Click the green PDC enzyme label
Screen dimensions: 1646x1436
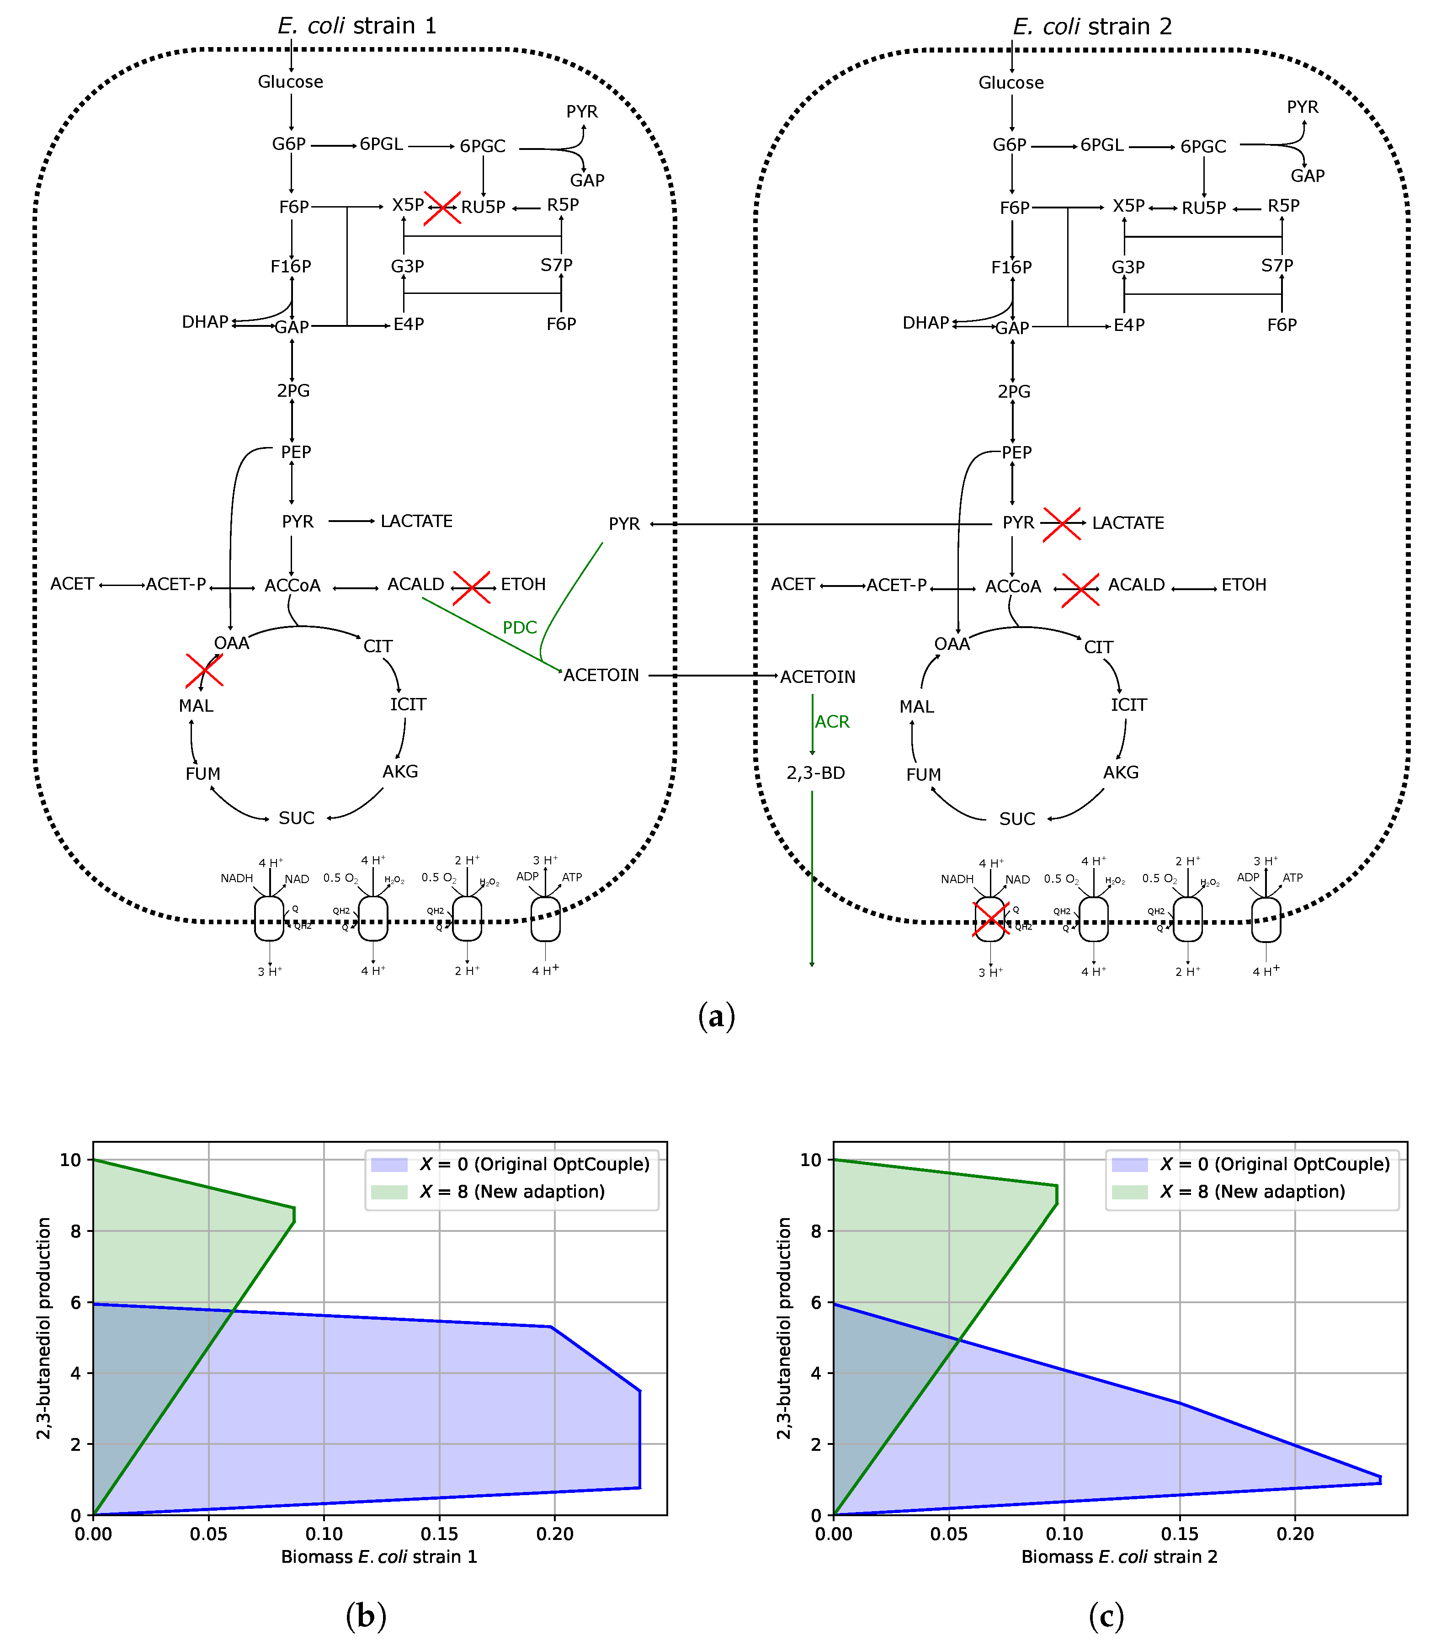[519, 628]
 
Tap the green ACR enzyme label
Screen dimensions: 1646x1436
[832, 722]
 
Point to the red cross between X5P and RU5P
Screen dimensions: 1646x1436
[442, 208]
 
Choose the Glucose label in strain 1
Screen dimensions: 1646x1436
[290, 82]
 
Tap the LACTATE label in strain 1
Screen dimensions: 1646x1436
[416, 522]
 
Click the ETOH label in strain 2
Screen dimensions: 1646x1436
[1243, 585]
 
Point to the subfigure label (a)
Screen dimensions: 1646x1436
[716, 1017]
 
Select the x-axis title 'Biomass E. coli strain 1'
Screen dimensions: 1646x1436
[379, 1557]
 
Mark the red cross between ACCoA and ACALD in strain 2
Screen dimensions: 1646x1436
[1080, 590]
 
